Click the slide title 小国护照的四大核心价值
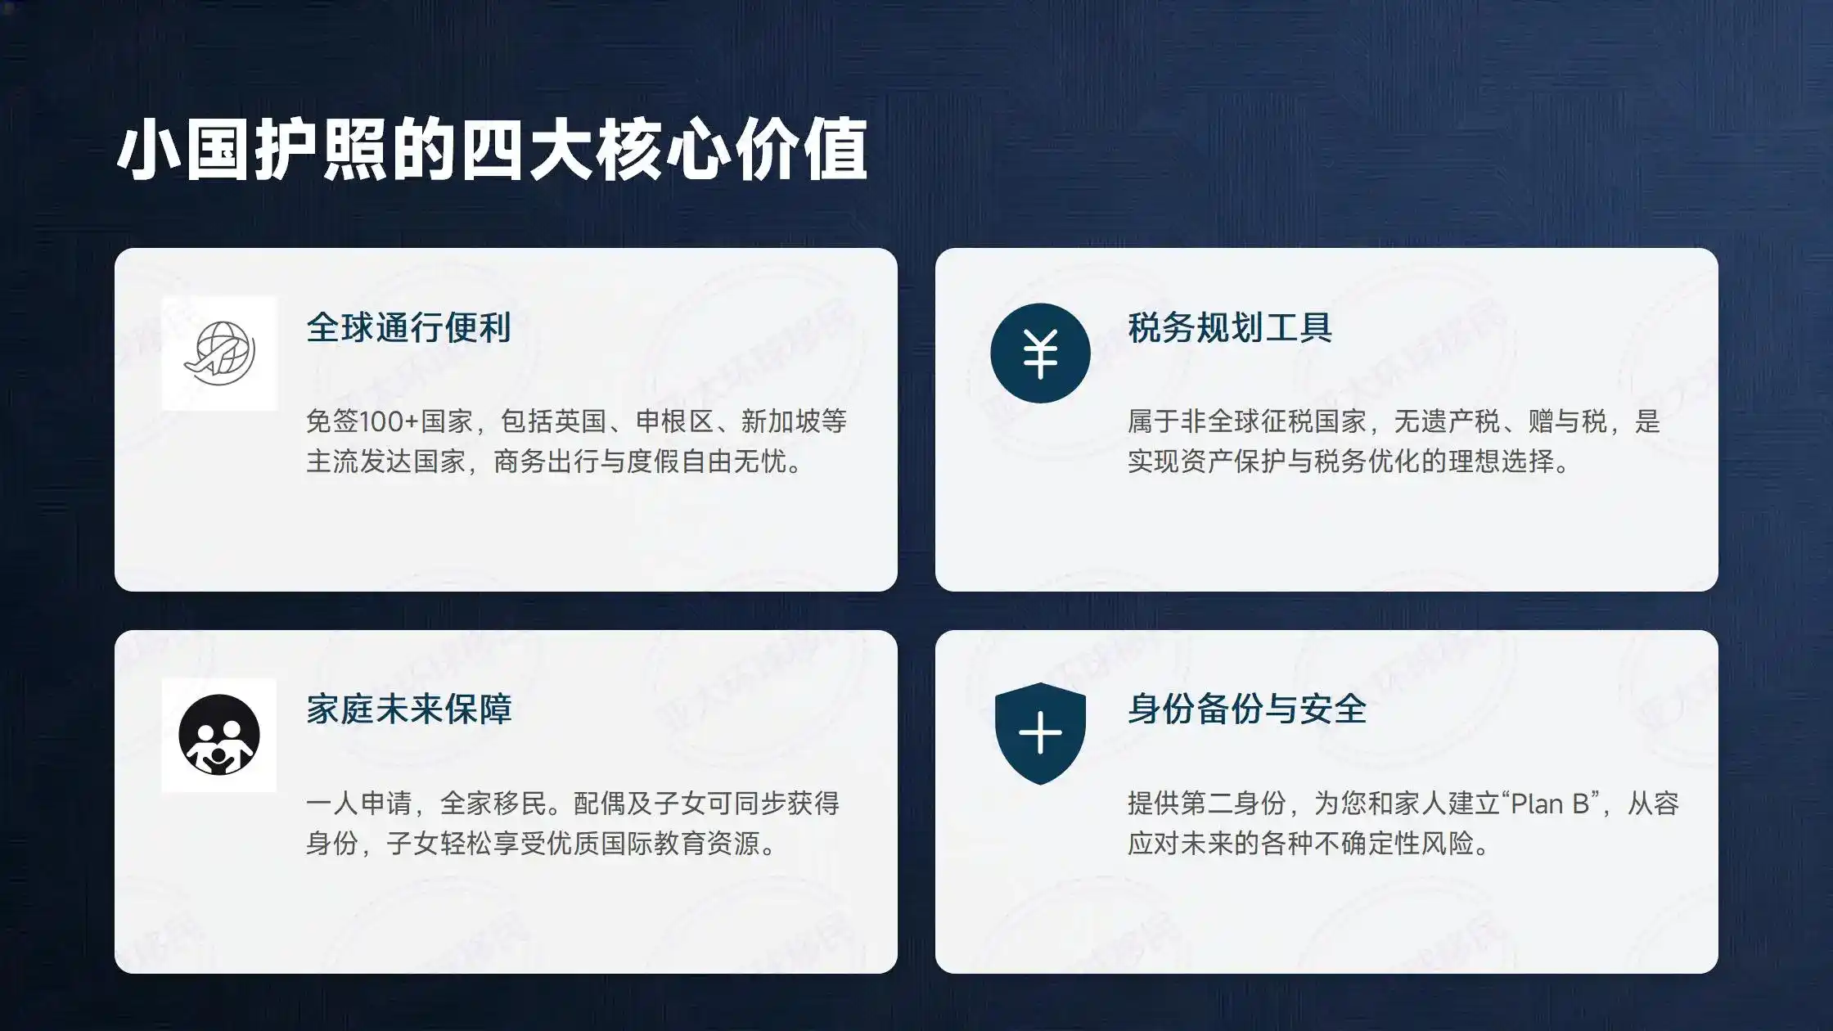(492, 150)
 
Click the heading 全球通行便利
(408, 327)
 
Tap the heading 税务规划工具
(1229, 327)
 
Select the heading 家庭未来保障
(408, 709)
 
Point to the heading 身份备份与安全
(1246, 709)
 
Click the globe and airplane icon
(219, 353)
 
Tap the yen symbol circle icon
(1040, 353)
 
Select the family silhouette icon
(219, 735)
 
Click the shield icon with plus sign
(1040, 733)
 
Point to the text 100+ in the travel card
(389, 421)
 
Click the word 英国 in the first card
(580, 421)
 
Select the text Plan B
(1549, 804)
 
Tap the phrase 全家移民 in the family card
(493, 804)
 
